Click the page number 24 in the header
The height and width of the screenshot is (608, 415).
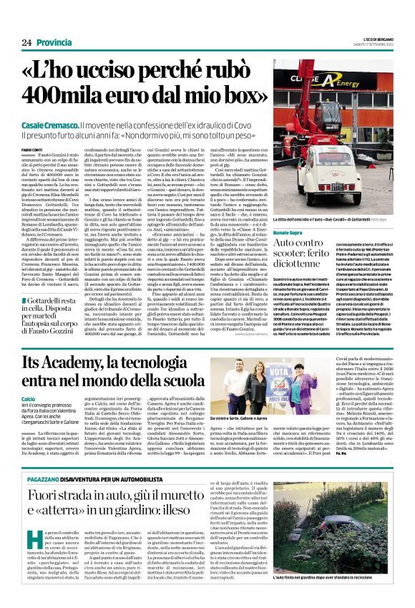click(26, 43)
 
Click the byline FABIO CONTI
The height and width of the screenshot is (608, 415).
click(32, 148)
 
